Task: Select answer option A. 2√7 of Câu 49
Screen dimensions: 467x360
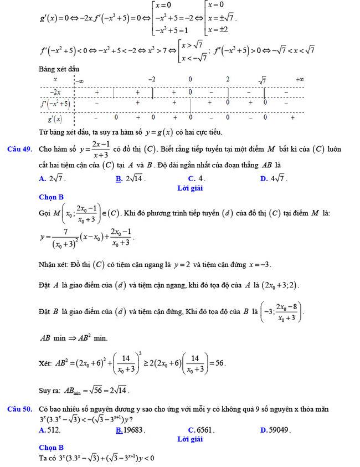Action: pyautogui.click(x=53, y=178)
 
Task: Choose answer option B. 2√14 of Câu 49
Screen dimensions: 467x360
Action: pyautogui.click(x=130, y=178)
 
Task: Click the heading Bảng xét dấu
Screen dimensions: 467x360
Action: pyautogui.click(x=59, y=69)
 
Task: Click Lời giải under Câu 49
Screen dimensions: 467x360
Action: pyautogui.click(x=190, y=188)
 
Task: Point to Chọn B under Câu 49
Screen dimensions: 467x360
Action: pyautogui.click(x=52, y=197)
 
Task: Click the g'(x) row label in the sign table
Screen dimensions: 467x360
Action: pyautogui.click(x=54, y=117)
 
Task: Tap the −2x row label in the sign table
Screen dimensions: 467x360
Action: pyautogui.click(x=55, y=92)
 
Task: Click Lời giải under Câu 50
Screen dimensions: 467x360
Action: pyautogui.click(x=190, y=439)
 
